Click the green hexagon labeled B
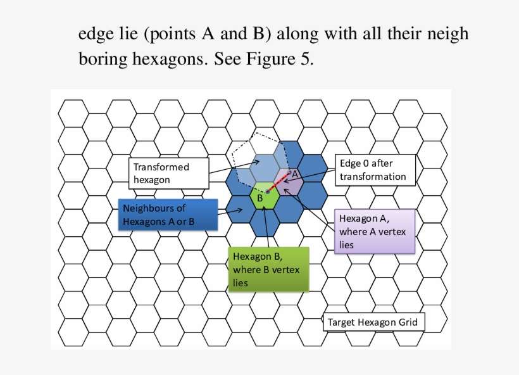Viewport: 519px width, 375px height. click(x=264, y=196)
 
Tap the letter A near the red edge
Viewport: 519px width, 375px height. click(x=294, y=174)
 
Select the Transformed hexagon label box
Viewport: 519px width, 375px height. click(x=169, y=174)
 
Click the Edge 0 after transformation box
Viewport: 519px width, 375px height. click(x=375, y=170)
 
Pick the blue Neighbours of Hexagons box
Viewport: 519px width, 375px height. click(x=168, y=215)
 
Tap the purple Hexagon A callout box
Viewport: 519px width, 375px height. click(x=375, y=232)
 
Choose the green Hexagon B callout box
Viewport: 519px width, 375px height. click(x=269, y=269)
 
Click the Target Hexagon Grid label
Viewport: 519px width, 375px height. click(x=373, y=322)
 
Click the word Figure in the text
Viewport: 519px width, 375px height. click(x=270, y=59)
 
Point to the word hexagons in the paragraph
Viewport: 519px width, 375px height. click(x=170, y=60)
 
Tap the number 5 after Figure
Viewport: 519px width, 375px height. click(x=306, y=59)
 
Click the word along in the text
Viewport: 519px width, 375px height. click(x=297, y=34)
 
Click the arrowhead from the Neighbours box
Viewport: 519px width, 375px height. click(x=240, y=210)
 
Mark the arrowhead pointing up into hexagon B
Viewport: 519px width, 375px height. click(x=264, y=208)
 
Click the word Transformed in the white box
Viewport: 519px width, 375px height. click(x=161, y=167)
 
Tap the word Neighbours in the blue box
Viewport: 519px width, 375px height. click(x=154, y=208)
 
